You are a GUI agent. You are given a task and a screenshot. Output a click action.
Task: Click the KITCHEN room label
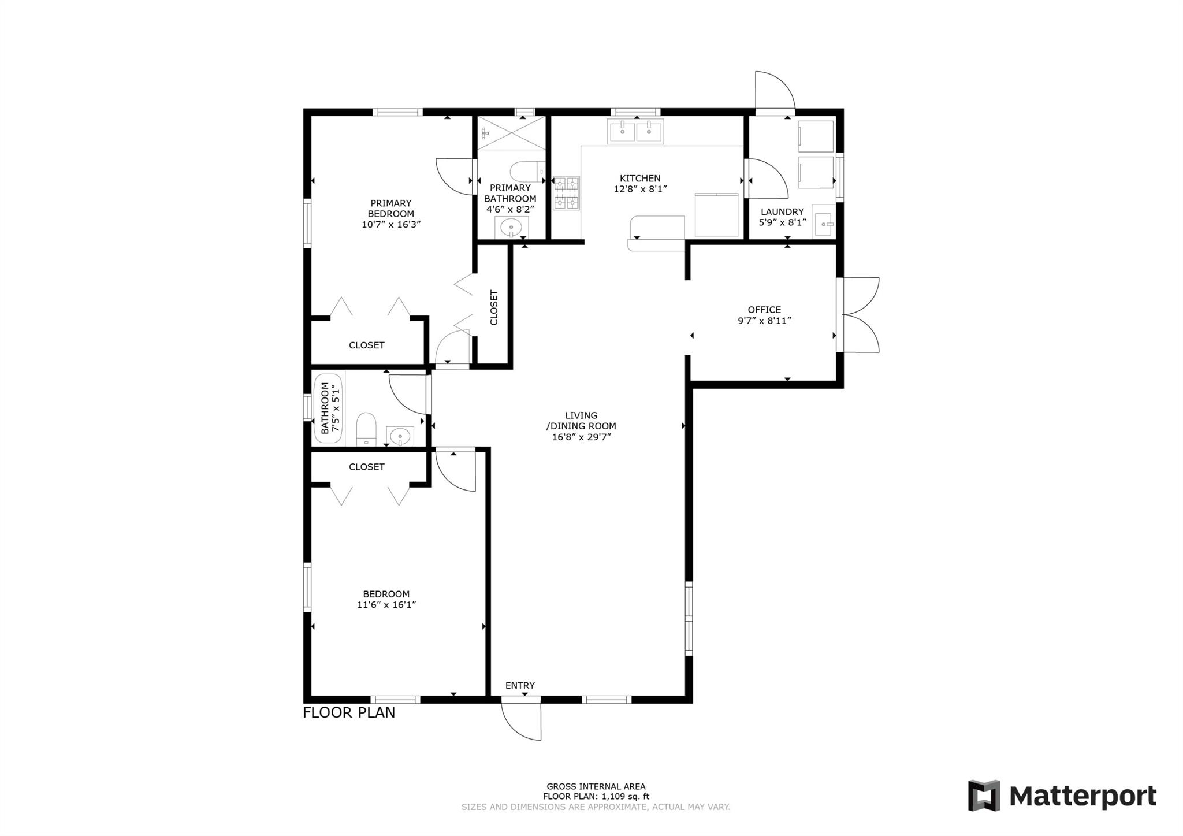tap(640, 179)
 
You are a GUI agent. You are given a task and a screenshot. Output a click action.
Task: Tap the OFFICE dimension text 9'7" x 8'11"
tap(764, 321)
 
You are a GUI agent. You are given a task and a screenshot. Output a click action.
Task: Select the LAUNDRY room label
tap(782, 211)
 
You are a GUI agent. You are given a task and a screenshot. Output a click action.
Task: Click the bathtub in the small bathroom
tap(328, 408)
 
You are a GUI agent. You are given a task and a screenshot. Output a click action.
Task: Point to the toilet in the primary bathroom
tap(527, 171)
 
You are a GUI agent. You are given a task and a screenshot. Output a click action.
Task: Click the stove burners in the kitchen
tap(566, 193)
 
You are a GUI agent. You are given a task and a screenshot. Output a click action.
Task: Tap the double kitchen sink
tap(635, 131)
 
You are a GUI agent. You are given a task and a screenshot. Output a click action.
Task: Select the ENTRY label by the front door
tap(520, 685)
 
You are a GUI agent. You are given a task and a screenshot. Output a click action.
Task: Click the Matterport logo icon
tap(984, 796)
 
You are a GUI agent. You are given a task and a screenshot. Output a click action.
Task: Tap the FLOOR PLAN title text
tap(349, 712)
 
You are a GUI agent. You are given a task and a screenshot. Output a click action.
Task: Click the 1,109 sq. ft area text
tap(625, 796)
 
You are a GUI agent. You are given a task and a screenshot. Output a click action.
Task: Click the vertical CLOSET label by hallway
tap(494, 307)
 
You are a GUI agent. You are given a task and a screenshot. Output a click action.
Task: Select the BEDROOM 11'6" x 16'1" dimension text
tap(386, 605)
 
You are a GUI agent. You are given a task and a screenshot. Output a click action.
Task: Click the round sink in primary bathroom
tap(511, 228)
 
